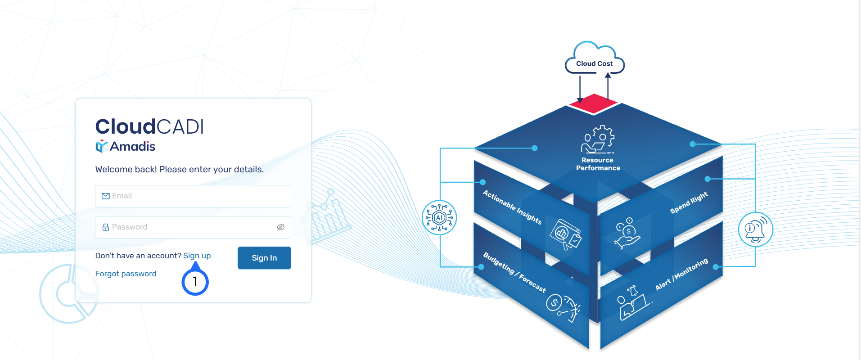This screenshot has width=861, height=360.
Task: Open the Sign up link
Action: pos(197,256)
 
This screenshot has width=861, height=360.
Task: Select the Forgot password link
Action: pos(126,274)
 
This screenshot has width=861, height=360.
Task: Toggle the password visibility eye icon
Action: pos(280,227)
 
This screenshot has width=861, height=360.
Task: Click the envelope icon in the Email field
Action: pos(106,196)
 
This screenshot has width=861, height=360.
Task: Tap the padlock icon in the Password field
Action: pos(106,227)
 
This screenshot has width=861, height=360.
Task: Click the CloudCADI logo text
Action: pos(149,127)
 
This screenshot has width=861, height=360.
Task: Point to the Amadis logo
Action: pos(126,146)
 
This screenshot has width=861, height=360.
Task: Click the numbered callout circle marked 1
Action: pos(195,282)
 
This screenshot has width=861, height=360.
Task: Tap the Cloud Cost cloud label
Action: pos(594,63)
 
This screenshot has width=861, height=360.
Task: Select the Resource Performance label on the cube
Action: pos(598,164)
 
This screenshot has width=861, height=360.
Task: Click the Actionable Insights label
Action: pos(512,207)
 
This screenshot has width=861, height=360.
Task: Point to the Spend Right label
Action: pos(689,202)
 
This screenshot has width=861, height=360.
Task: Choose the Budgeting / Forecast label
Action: pos(514,273)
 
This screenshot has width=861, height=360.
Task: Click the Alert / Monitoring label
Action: pos(681,274)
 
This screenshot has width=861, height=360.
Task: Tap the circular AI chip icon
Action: pos(439,218)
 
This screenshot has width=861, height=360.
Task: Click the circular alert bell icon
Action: pos(755,229)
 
